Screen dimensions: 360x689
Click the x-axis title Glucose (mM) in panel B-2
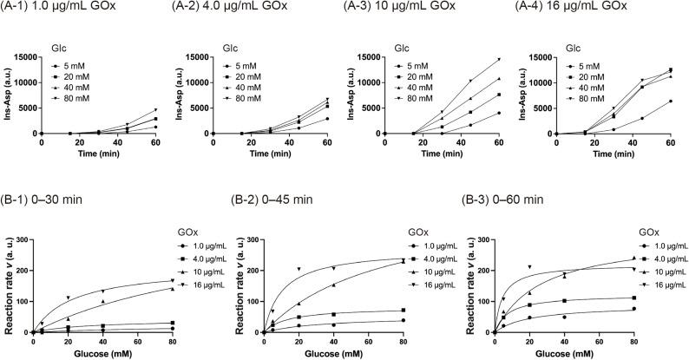pyautogui.click(x=312, y=354)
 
